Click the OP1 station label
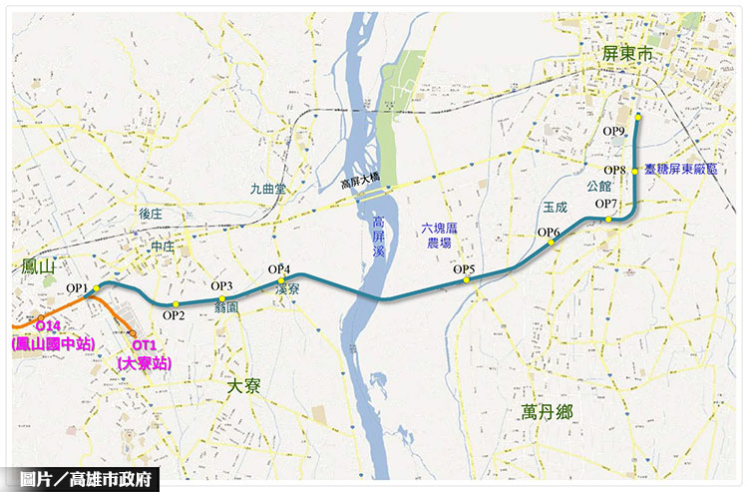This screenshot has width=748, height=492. (78, 288)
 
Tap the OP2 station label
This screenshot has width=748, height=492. (174, 315)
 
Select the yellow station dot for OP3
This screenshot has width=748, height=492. (221, 298)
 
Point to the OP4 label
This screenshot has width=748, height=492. (279, 269)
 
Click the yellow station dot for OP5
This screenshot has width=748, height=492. (466, 280)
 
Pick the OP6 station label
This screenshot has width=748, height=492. (549, 233)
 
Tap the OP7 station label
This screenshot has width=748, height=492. (606, 205)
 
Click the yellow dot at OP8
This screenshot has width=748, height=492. (635, 171)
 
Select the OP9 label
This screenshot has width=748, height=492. (614, 131)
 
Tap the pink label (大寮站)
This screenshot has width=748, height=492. (144, 363)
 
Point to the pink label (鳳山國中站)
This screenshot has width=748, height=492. (53, 343)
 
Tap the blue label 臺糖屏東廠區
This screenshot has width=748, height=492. (681, 171)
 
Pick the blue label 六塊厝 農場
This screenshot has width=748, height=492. (439, 236)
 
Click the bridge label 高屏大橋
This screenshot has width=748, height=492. (360, 183)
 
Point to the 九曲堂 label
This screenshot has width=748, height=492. (267, 188)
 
